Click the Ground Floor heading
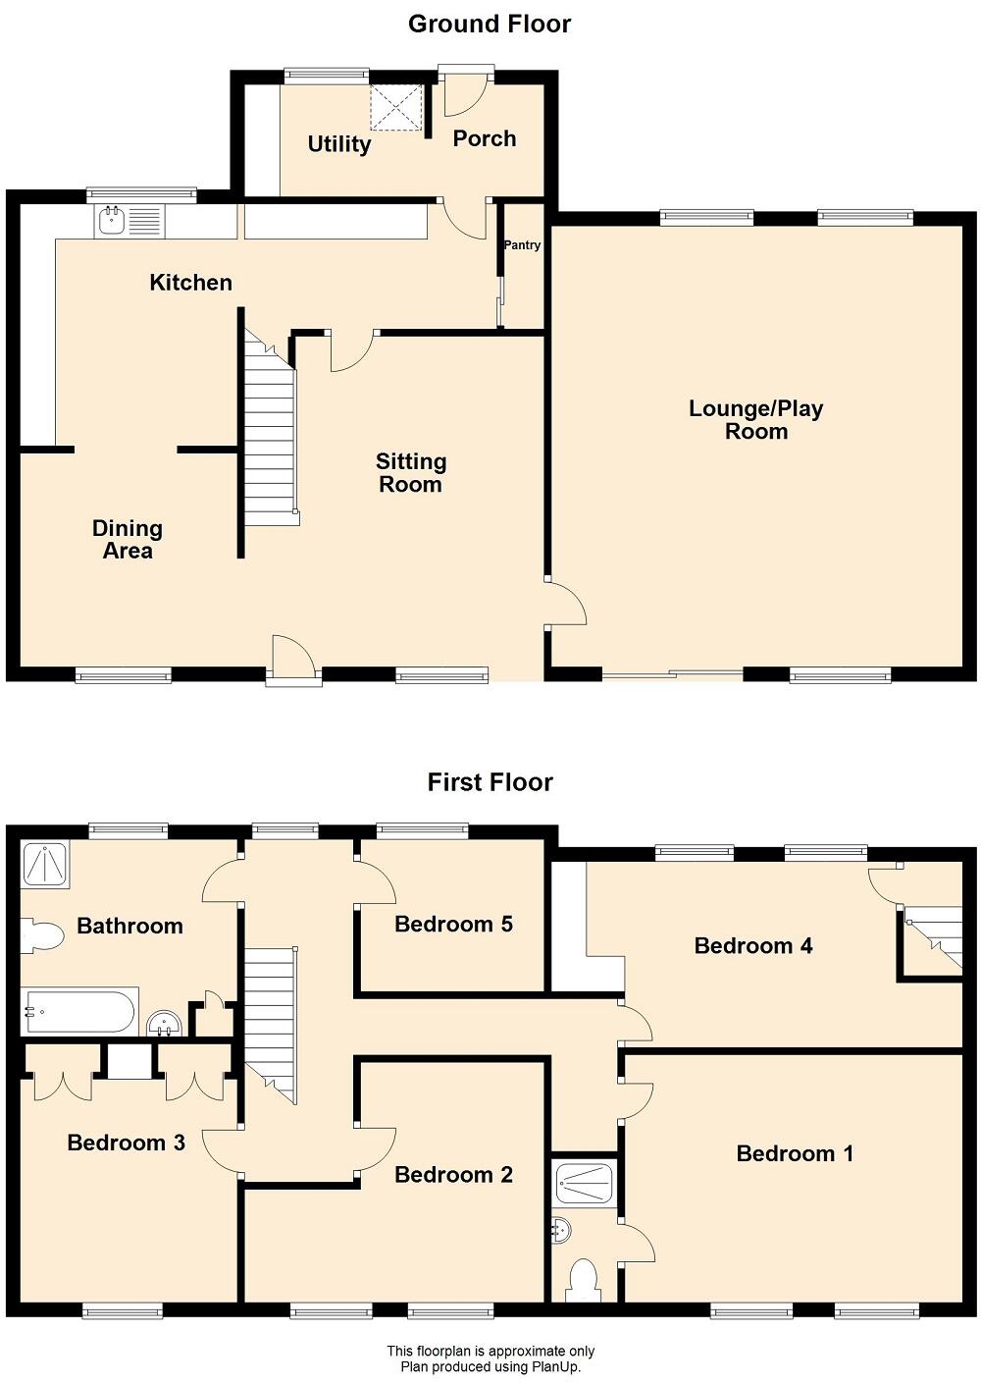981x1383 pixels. coord(490,25)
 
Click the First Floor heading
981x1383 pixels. coord(490,782)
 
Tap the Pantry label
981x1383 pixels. coord(522,245)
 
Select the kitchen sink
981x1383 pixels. coord(112,221)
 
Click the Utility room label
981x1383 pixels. coord(339,144)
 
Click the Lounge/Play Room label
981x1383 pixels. coord(755,420)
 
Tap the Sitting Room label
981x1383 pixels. coord(410,472)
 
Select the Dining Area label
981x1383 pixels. coord(128,540)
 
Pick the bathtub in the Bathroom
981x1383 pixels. coord(79,1012)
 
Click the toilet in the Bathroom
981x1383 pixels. coord(41,935)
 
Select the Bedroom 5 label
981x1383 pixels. coord(453,924)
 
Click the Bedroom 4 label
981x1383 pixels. coord(753,946)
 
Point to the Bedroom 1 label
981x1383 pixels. coord(795,1153)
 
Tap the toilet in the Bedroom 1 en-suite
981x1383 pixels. coord(584,1279)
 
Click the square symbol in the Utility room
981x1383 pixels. coord(396,107)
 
